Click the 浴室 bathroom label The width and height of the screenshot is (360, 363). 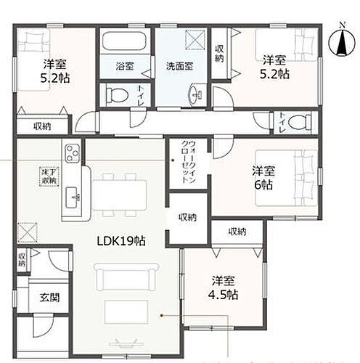pyautogui.click(x=124, y=66)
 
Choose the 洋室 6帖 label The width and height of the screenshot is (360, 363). pyautogui.click(x=263, y=177)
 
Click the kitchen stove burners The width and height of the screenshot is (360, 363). pyautogui.click(x=73, y=153)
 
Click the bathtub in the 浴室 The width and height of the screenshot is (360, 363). pyautogui.click(x=124, y=41)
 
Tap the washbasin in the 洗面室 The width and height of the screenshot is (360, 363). pyautogui.click(x=196, y=93)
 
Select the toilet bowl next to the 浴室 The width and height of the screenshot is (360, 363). pyautogui.click(x=117, y=94)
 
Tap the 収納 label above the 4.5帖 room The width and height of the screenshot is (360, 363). pyautogui.click(x=237, y=232)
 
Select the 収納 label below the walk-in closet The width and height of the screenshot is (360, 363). pyautogui.click(x=187, y=217)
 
